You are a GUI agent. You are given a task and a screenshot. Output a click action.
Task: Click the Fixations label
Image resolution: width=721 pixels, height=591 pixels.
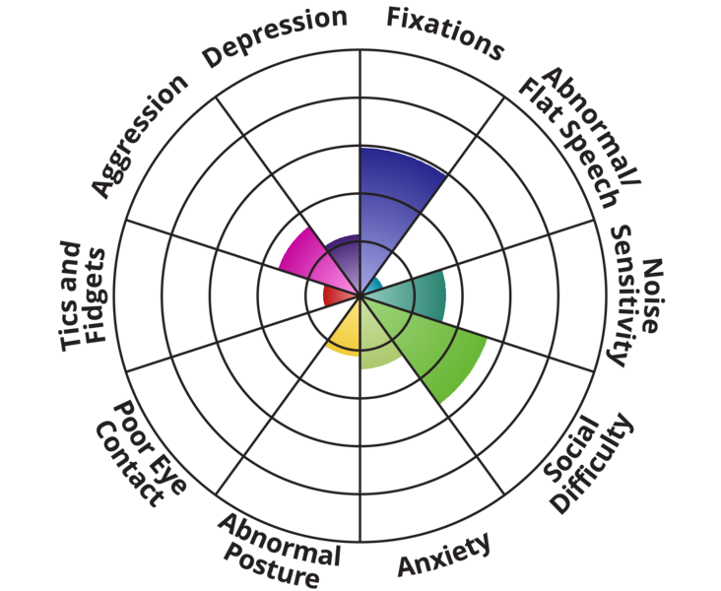[444, 32]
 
